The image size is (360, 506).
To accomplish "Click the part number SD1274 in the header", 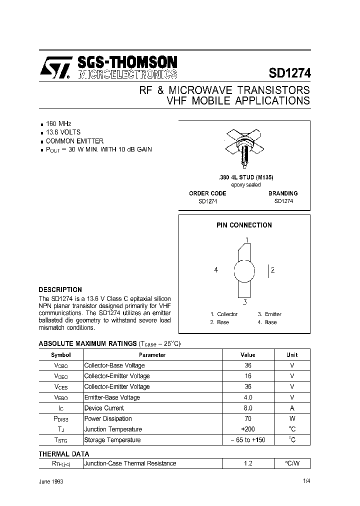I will (289, 73).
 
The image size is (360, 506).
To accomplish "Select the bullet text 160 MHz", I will (59, 123).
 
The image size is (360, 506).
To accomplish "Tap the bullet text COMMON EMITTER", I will (74, 141).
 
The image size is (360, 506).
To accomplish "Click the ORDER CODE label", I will (207, 193).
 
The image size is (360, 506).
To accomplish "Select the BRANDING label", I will (283, 193).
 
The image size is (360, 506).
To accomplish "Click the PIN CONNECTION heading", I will (244, 225).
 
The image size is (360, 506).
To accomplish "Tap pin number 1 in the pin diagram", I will (246, 239).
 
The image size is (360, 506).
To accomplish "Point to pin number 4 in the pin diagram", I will (216, 270).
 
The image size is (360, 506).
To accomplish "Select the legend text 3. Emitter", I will (269, 314).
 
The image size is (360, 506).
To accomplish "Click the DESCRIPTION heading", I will (60, 289).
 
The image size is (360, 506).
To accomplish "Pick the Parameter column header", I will (152, 354).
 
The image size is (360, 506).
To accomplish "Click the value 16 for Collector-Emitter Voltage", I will (247, 376).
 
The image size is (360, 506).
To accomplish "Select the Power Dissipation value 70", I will (247, 418).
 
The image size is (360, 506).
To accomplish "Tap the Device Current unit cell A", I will (292, 408).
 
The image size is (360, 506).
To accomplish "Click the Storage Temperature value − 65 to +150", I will (247, 440).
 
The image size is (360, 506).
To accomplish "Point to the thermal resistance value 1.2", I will (247, 463).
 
